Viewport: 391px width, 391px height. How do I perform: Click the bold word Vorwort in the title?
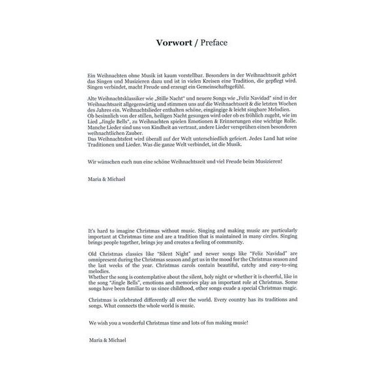176,44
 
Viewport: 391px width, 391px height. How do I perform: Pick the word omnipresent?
103,258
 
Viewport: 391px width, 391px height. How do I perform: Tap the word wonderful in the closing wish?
130,323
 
